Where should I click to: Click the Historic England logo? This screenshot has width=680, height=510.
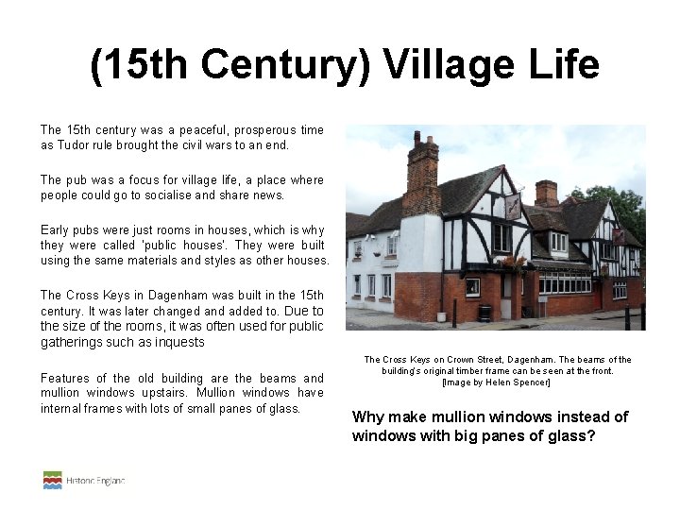pos(84,480)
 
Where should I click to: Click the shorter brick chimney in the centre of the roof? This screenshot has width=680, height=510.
pos(546,193)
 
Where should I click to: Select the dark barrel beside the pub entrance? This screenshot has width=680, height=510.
pos(485,313)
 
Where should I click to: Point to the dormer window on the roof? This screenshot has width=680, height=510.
pos(559,243)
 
